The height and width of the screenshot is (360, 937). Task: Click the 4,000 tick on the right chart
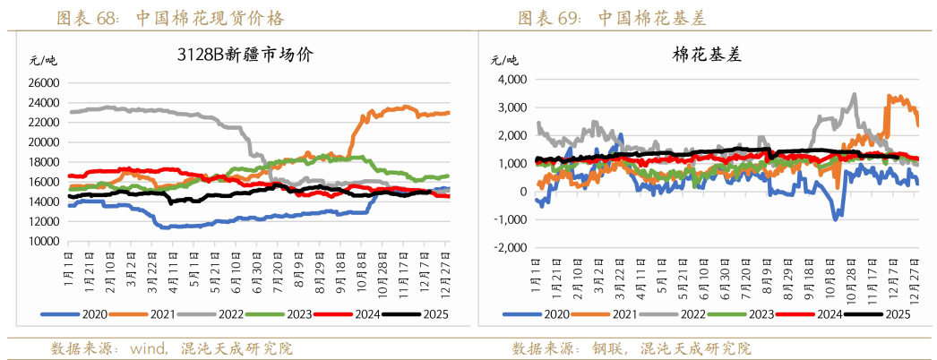point(509,80)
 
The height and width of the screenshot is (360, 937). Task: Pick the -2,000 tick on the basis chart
point(506,248)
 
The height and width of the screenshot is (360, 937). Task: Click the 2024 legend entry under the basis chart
point(827,314)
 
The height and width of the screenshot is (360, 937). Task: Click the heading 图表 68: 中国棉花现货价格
point(170,18)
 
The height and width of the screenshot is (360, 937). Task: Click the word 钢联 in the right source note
point(605,347)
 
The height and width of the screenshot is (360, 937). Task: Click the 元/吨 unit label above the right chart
point(504,60)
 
